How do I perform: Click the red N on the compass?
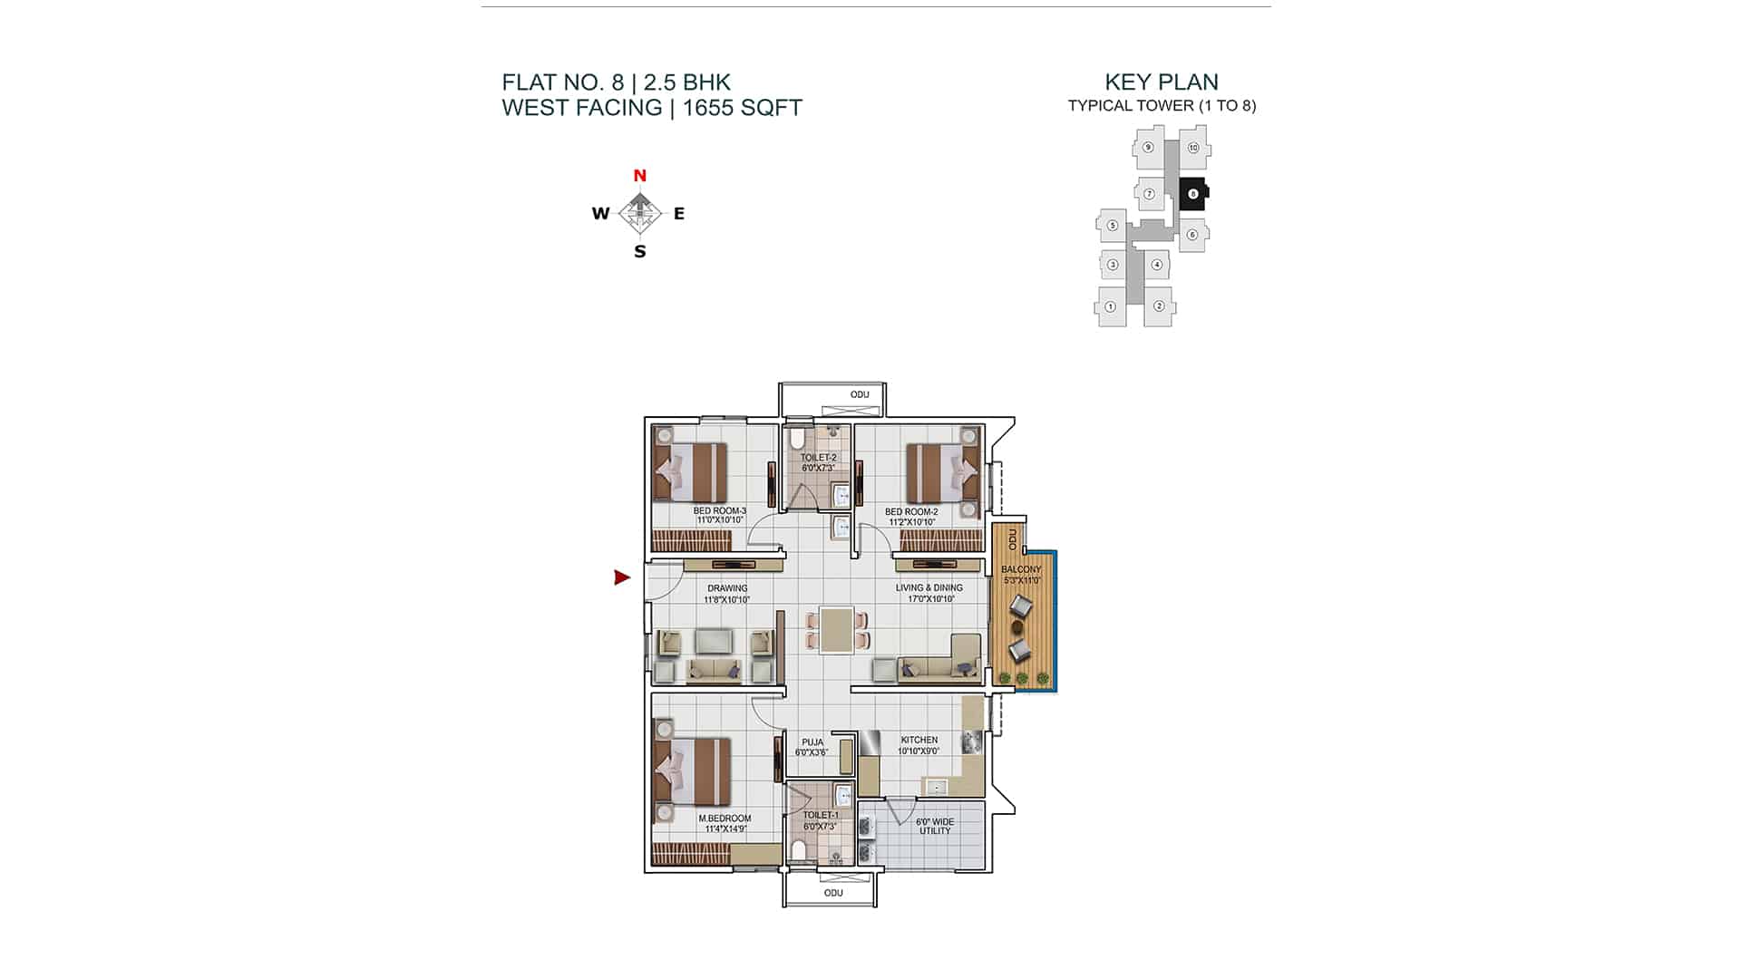pos(639,176)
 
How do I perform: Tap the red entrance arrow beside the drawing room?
pos(622,577)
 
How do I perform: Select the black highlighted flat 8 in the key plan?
pos(1192,193)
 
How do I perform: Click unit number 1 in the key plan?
pos(1111,306)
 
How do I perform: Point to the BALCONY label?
pos(1021,569)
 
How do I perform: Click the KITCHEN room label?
pos(919,740)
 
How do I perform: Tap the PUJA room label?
pos(812,742)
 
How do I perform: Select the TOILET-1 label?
pos(821,815)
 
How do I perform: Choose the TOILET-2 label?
pos(818,458)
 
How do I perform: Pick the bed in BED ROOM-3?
pos(691,471)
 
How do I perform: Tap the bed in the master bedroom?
pos(694,771)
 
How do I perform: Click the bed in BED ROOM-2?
pos(944,471)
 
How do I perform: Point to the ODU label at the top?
pos(860,394)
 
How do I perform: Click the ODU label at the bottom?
pos(833,893)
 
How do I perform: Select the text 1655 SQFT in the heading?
pos(743,108)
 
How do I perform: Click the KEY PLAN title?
pos(1162,82)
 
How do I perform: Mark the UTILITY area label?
pos(935,830)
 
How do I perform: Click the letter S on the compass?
pos(640,252)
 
